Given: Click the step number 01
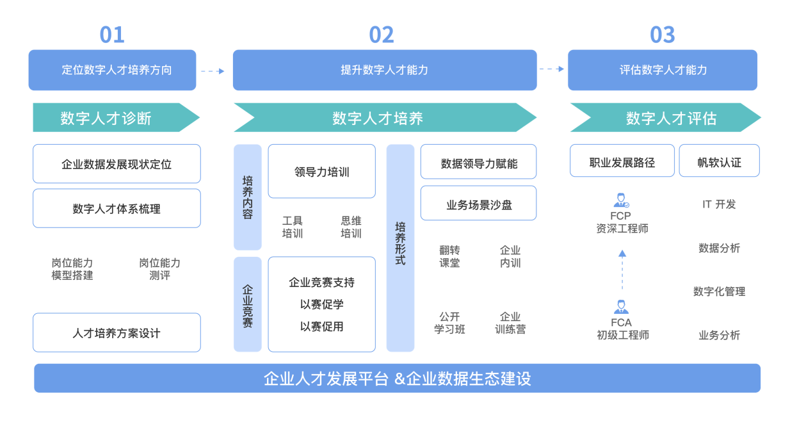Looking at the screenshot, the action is [112, 35].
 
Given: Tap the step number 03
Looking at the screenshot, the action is [663, 35].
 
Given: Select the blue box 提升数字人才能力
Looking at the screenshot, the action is [385, 70].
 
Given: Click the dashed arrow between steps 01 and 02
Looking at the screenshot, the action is [213, 71].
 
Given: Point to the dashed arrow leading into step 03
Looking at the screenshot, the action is [552, 69].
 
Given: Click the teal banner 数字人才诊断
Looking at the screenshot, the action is [117, 117].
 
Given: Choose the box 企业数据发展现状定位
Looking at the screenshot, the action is [117, 164].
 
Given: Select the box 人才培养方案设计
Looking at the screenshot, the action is [117, 332].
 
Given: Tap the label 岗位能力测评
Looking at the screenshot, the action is [160, 269].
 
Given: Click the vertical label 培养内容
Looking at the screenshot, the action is [248, 197].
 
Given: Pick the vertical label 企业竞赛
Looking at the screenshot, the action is [248, 304].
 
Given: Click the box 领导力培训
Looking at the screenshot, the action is [321, 171].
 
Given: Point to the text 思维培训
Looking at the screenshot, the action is [351, 227].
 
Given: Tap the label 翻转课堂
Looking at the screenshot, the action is [449, 257].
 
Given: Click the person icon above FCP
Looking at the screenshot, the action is [622, 200].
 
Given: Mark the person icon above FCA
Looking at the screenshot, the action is [621, 307].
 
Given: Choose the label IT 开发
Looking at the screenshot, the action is [719, 204].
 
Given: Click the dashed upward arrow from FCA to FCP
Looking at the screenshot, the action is [622, 270].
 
